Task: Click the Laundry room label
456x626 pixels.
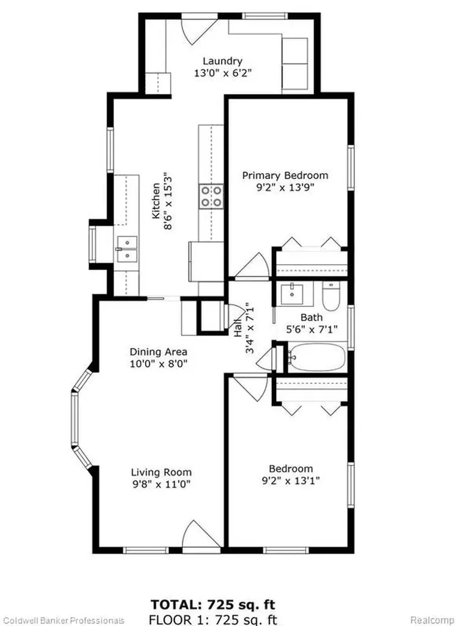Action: pyautogui.click(x=223, y=61)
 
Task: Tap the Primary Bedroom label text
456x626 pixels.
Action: pyautogui.click(x=285, y=175)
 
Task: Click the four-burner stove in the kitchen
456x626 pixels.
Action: pyautogui.click(x=211, y=196)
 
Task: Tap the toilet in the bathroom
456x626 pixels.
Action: pyautogui.click(x=331, y=296)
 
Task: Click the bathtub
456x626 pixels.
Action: pyautogui.click(x=316, y=356)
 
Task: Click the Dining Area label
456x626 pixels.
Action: pyautogui.click(x=159, y=352)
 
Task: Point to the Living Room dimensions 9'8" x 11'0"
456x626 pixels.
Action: pyautogui.click(x=160, y=484)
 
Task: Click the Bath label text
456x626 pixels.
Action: pyautogui.click(x=312, y=317)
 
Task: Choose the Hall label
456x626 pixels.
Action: pyautogui.click(x=238, y=328)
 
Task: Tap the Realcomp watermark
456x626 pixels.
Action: pyautogui.click(x=433, y=620)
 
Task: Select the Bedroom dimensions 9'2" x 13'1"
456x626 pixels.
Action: pyautogui.click(x=291, y=481)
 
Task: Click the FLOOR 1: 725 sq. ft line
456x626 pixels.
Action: pyautogui.click(x=212, y=620)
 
